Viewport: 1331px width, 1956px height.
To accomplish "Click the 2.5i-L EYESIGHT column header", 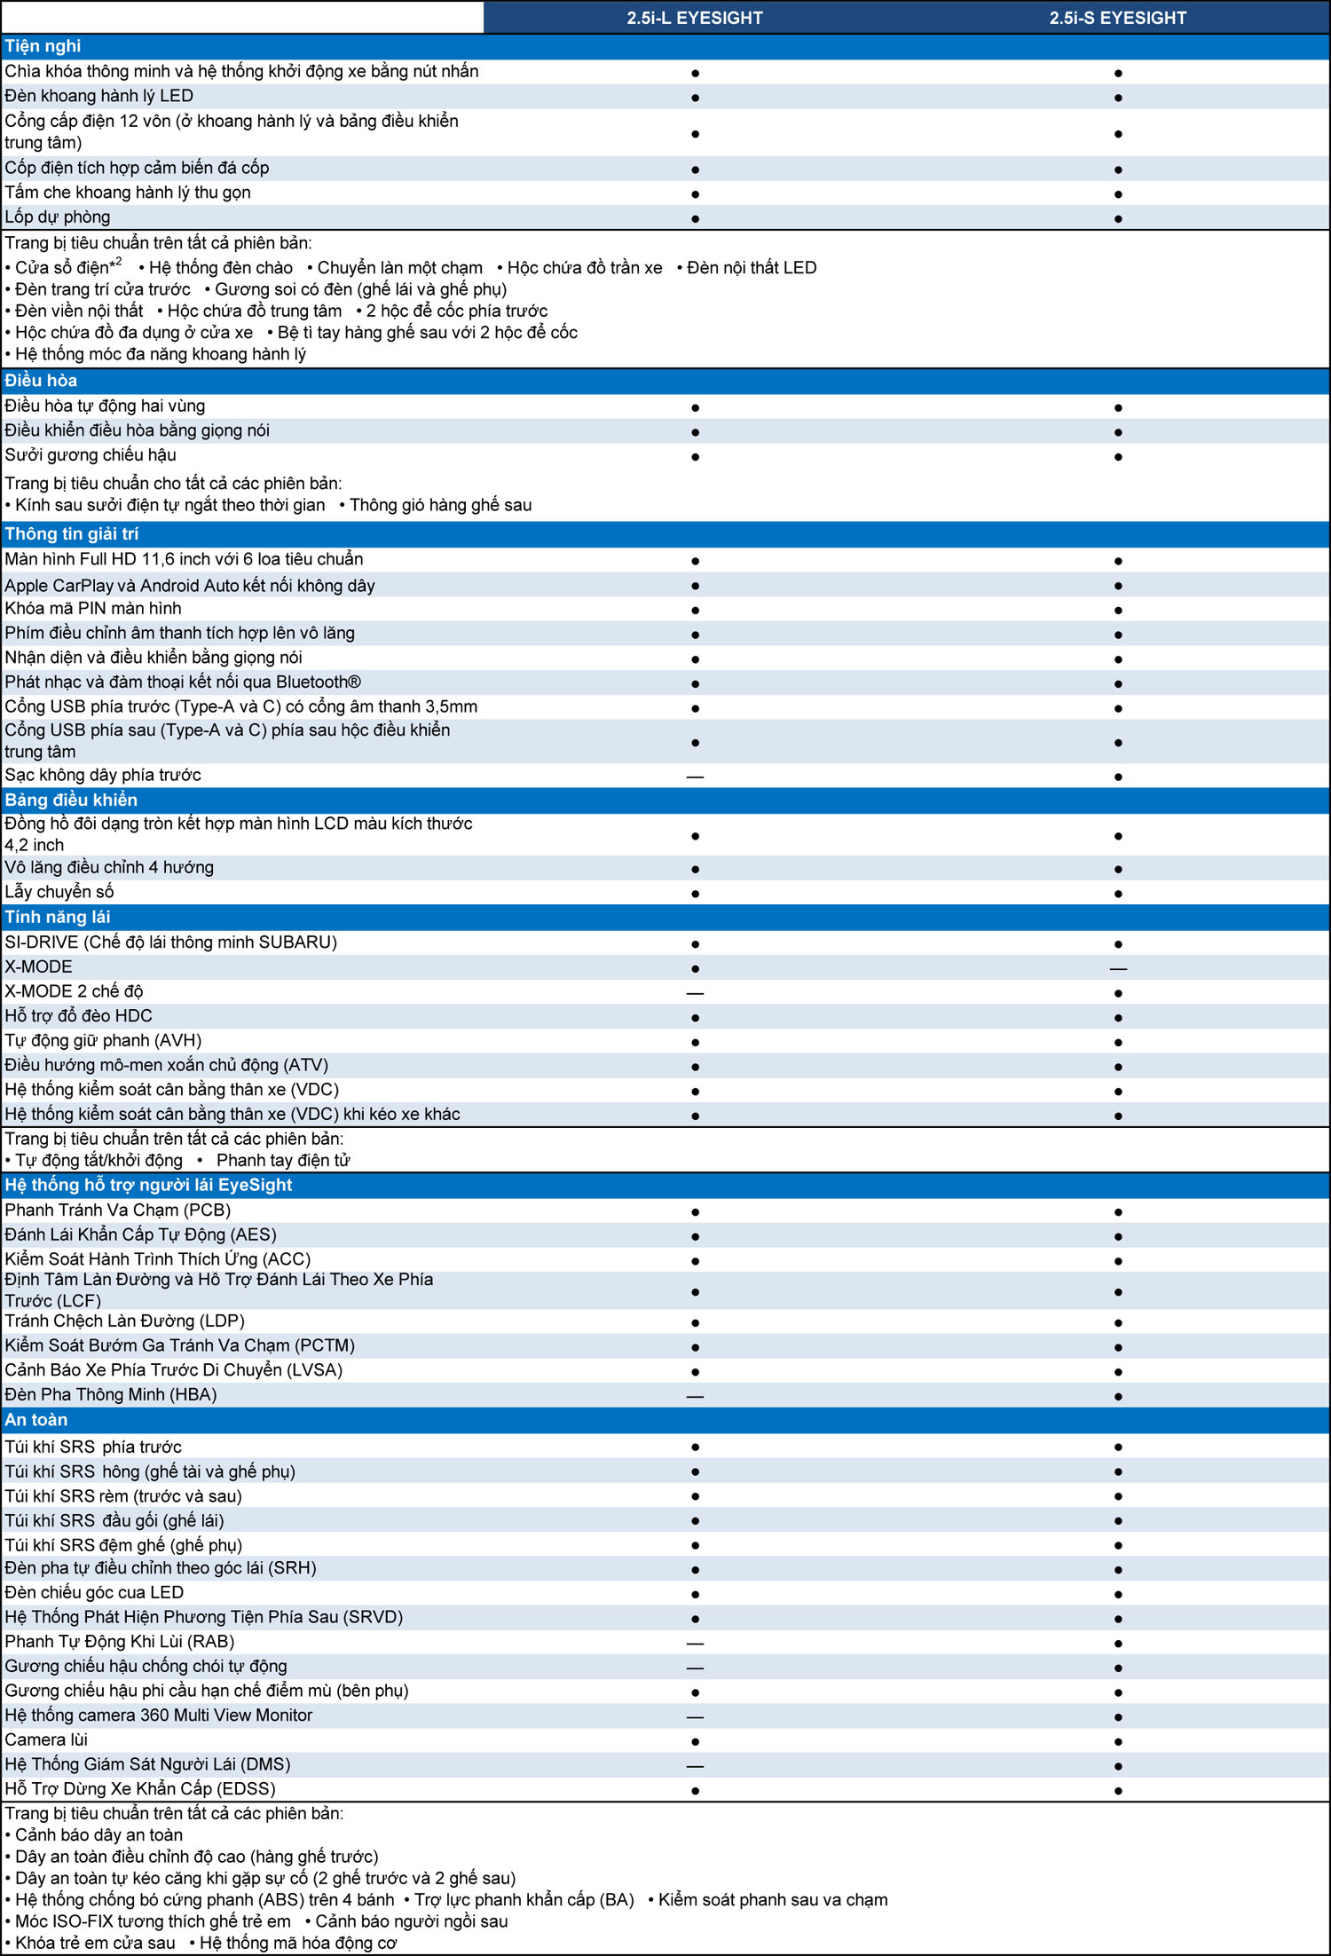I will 695,18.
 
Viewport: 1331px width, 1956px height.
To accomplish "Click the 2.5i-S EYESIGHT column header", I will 1117,18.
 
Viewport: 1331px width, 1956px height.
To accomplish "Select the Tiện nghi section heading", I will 43,46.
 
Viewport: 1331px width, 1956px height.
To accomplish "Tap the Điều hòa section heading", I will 41,381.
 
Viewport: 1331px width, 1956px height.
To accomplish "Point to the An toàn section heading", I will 36,1420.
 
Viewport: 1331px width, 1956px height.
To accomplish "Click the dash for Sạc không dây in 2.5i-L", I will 695,777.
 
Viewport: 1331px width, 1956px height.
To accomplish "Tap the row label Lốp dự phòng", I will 58,217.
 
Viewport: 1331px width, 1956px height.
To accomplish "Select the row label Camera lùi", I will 46,1739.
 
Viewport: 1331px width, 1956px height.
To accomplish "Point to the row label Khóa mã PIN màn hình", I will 93,609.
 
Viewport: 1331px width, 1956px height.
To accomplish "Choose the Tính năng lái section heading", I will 58,918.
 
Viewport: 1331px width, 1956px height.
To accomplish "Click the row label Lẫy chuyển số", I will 59,892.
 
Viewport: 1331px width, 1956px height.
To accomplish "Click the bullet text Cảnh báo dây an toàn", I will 98,1835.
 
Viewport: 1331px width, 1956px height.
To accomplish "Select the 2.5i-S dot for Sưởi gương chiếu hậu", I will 1118,457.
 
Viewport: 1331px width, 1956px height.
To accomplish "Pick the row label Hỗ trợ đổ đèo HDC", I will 79,1016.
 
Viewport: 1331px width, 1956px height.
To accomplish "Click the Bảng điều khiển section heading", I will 71,801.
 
